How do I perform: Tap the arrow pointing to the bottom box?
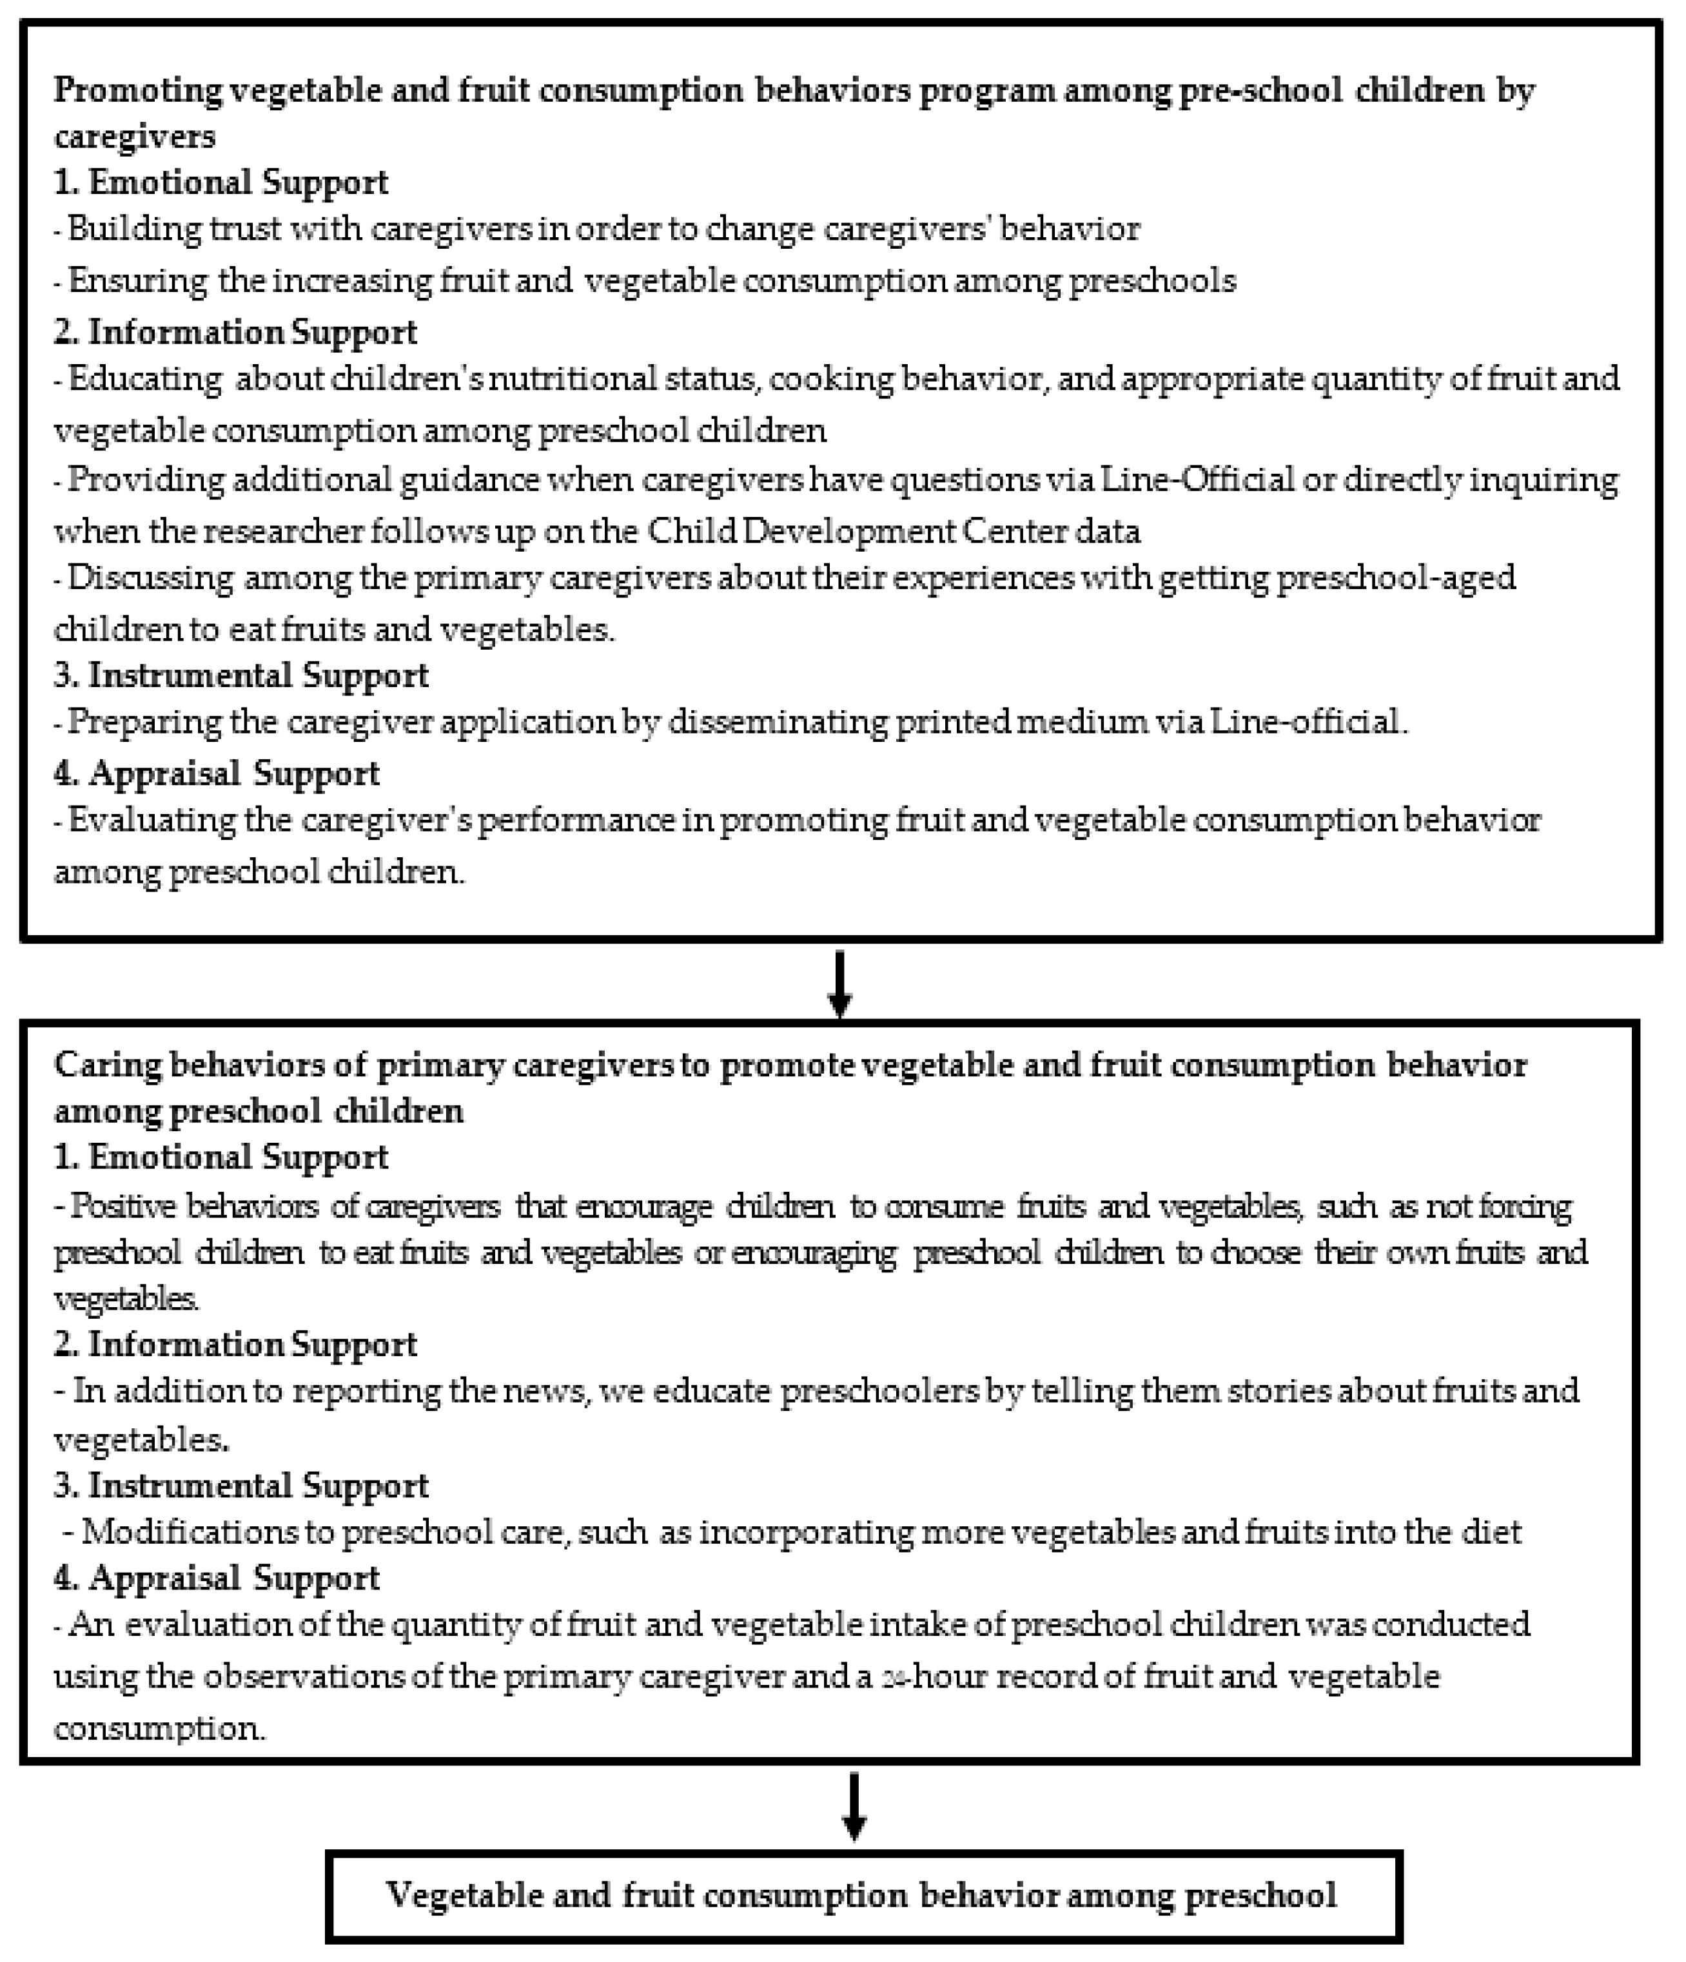pyautogui.click(x=854, y=1807)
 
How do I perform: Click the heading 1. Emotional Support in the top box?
pyautogui.click(x=221, y=182)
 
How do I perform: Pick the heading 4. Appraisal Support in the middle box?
pyautogui.click(x=217, y=1578)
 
